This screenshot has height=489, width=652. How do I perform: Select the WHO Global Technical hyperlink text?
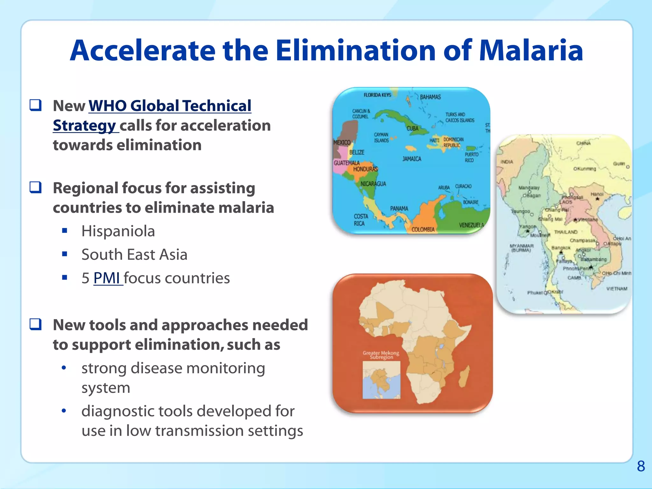coord(170,106)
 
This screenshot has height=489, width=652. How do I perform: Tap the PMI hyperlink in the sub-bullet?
coord(107,278)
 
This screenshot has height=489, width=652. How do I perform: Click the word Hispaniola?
coord(118,231)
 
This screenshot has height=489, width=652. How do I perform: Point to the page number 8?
coord(641,466)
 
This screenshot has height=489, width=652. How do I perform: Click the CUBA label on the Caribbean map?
coord(413,128)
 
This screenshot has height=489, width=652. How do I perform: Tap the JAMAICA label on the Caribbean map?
coord(412,159)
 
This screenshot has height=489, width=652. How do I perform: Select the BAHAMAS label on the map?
coord(430,97)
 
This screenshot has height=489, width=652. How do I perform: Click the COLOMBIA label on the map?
coord(423,229)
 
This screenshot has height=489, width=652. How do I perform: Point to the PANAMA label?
coord(399,209)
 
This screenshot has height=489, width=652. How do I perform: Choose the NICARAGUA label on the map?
coord(373,184)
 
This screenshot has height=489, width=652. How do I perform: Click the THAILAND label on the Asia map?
coord(566,232)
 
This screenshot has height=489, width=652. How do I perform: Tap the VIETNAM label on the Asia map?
coord(617,288)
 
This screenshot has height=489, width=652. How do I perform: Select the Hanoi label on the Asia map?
coord(597,194)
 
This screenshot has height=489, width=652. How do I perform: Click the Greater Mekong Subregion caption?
coord(381,355)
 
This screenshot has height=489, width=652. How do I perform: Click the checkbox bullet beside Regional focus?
coord(35,188)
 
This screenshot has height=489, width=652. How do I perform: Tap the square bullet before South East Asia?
coord(65,254)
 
